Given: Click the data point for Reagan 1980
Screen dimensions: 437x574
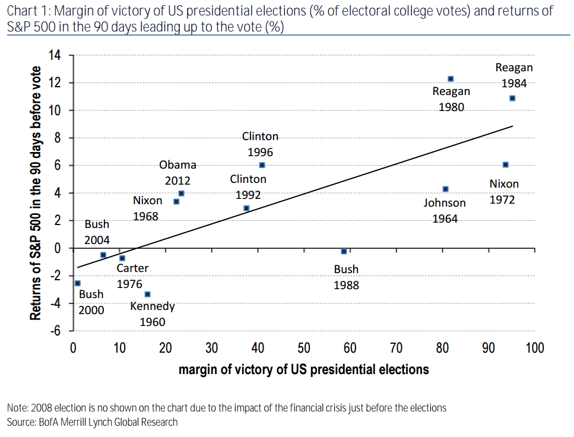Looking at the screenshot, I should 451,79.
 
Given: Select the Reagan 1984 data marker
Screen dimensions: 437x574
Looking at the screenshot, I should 512,99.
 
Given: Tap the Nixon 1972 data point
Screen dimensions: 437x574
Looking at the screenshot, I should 505,164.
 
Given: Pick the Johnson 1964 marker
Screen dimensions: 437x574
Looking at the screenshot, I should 445,189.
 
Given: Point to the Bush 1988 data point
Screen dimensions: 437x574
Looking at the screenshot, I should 344,252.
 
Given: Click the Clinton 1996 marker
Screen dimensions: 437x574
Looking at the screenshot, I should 262,165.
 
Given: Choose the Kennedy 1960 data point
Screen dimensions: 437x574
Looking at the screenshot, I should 147,294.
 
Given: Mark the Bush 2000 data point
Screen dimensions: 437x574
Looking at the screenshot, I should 78,284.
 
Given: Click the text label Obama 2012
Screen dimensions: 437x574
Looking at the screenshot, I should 177,173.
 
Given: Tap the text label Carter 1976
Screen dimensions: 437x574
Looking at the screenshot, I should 132,276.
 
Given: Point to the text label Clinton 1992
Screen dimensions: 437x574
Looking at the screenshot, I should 248,186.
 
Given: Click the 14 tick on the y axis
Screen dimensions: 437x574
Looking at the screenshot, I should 55,55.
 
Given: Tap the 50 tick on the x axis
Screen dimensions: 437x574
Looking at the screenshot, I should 304,348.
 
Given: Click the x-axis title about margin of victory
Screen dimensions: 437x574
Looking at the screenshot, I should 303,370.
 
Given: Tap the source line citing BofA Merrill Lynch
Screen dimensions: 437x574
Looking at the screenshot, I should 92,422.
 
